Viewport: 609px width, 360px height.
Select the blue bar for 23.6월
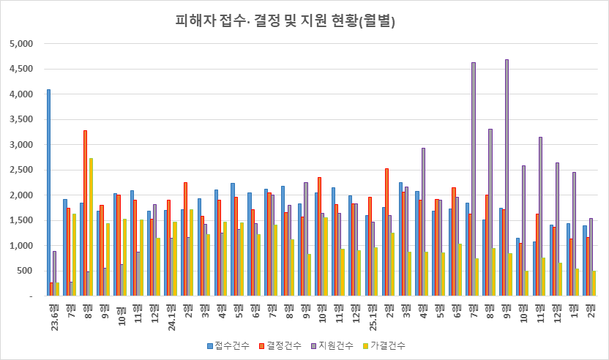click(49, 193)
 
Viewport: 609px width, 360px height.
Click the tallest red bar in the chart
click(86, 213)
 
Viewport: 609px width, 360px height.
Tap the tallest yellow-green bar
click(91, 227)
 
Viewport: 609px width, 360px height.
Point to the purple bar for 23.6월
click(54, 274)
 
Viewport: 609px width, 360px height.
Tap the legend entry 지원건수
click(335, 345)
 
